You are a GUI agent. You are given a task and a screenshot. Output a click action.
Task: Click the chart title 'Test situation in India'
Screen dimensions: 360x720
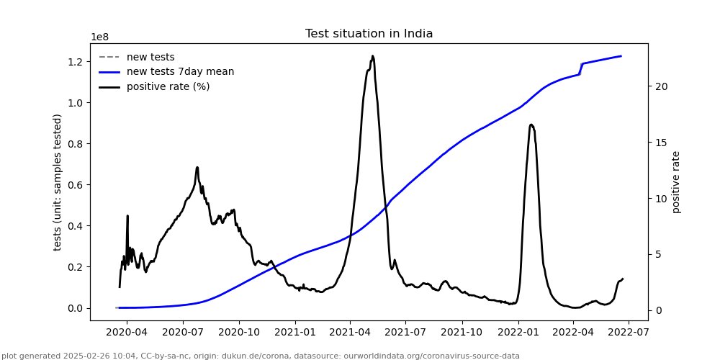(x=369, y=34)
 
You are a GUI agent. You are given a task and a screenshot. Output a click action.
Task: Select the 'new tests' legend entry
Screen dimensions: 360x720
(x=150, y=57)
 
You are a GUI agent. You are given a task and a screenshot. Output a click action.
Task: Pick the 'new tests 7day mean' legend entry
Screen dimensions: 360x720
(x=180, y=72)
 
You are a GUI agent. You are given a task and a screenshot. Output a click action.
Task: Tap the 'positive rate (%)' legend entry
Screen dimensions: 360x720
(x=168, y=87)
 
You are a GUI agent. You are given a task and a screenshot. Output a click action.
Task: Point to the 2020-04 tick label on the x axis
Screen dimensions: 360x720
(x=127, y=333)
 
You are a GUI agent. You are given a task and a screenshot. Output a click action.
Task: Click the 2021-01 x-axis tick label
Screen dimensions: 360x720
(x=295, y=333)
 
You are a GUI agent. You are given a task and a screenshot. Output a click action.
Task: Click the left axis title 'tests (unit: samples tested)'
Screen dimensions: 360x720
(x=58, y=182)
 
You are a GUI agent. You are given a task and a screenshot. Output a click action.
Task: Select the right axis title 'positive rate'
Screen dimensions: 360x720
(x=676, y=182)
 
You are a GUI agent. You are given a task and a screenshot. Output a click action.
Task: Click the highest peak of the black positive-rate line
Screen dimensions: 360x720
(x=372, y=55)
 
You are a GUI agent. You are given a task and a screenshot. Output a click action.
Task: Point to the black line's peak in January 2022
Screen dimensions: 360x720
(x=531, y=125)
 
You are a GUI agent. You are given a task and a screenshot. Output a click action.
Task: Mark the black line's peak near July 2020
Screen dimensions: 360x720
(x=197, y=167)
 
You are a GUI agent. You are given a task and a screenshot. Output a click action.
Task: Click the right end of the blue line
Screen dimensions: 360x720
(x=621, y=56)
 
